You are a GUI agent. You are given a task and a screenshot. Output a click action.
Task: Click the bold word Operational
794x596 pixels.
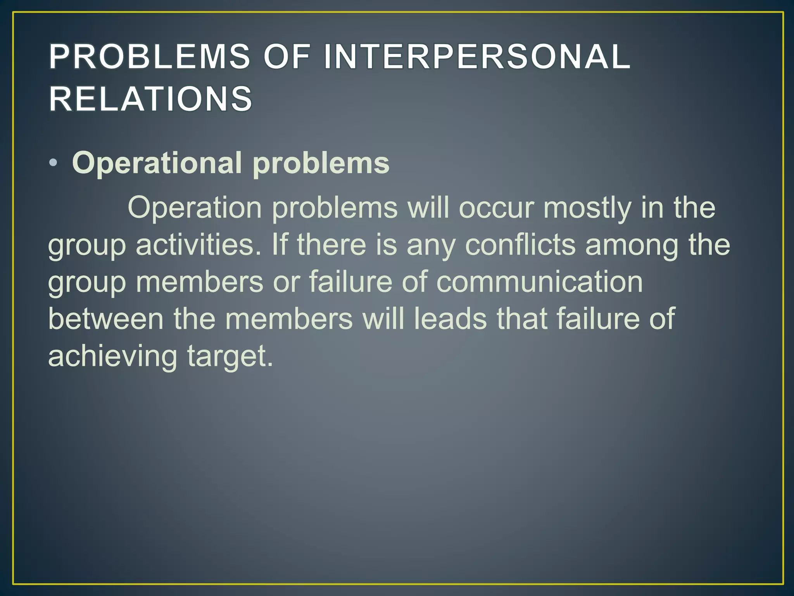pyautogui.click(x=157, y=163)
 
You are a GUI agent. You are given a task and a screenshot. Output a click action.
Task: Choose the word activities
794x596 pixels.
pyautogui.click(x=198, y=245)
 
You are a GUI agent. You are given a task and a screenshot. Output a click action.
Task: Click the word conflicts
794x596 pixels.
pyautogui.click(x=520, y=245)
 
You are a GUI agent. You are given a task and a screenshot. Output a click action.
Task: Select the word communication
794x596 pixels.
pyautogui.click(x=539, y=282)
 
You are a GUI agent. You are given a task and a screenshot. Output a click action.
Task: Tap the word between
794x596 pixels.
pyautogui.click(x=106, y=319)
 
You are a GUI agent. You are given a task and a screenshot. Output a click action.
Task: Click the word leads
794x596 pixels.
pyautogui.click(x=450, y=319)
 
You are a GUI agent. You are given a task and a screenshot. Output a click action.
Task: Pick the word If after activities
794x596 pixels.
pyautogui.click(x=280, y=245)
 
